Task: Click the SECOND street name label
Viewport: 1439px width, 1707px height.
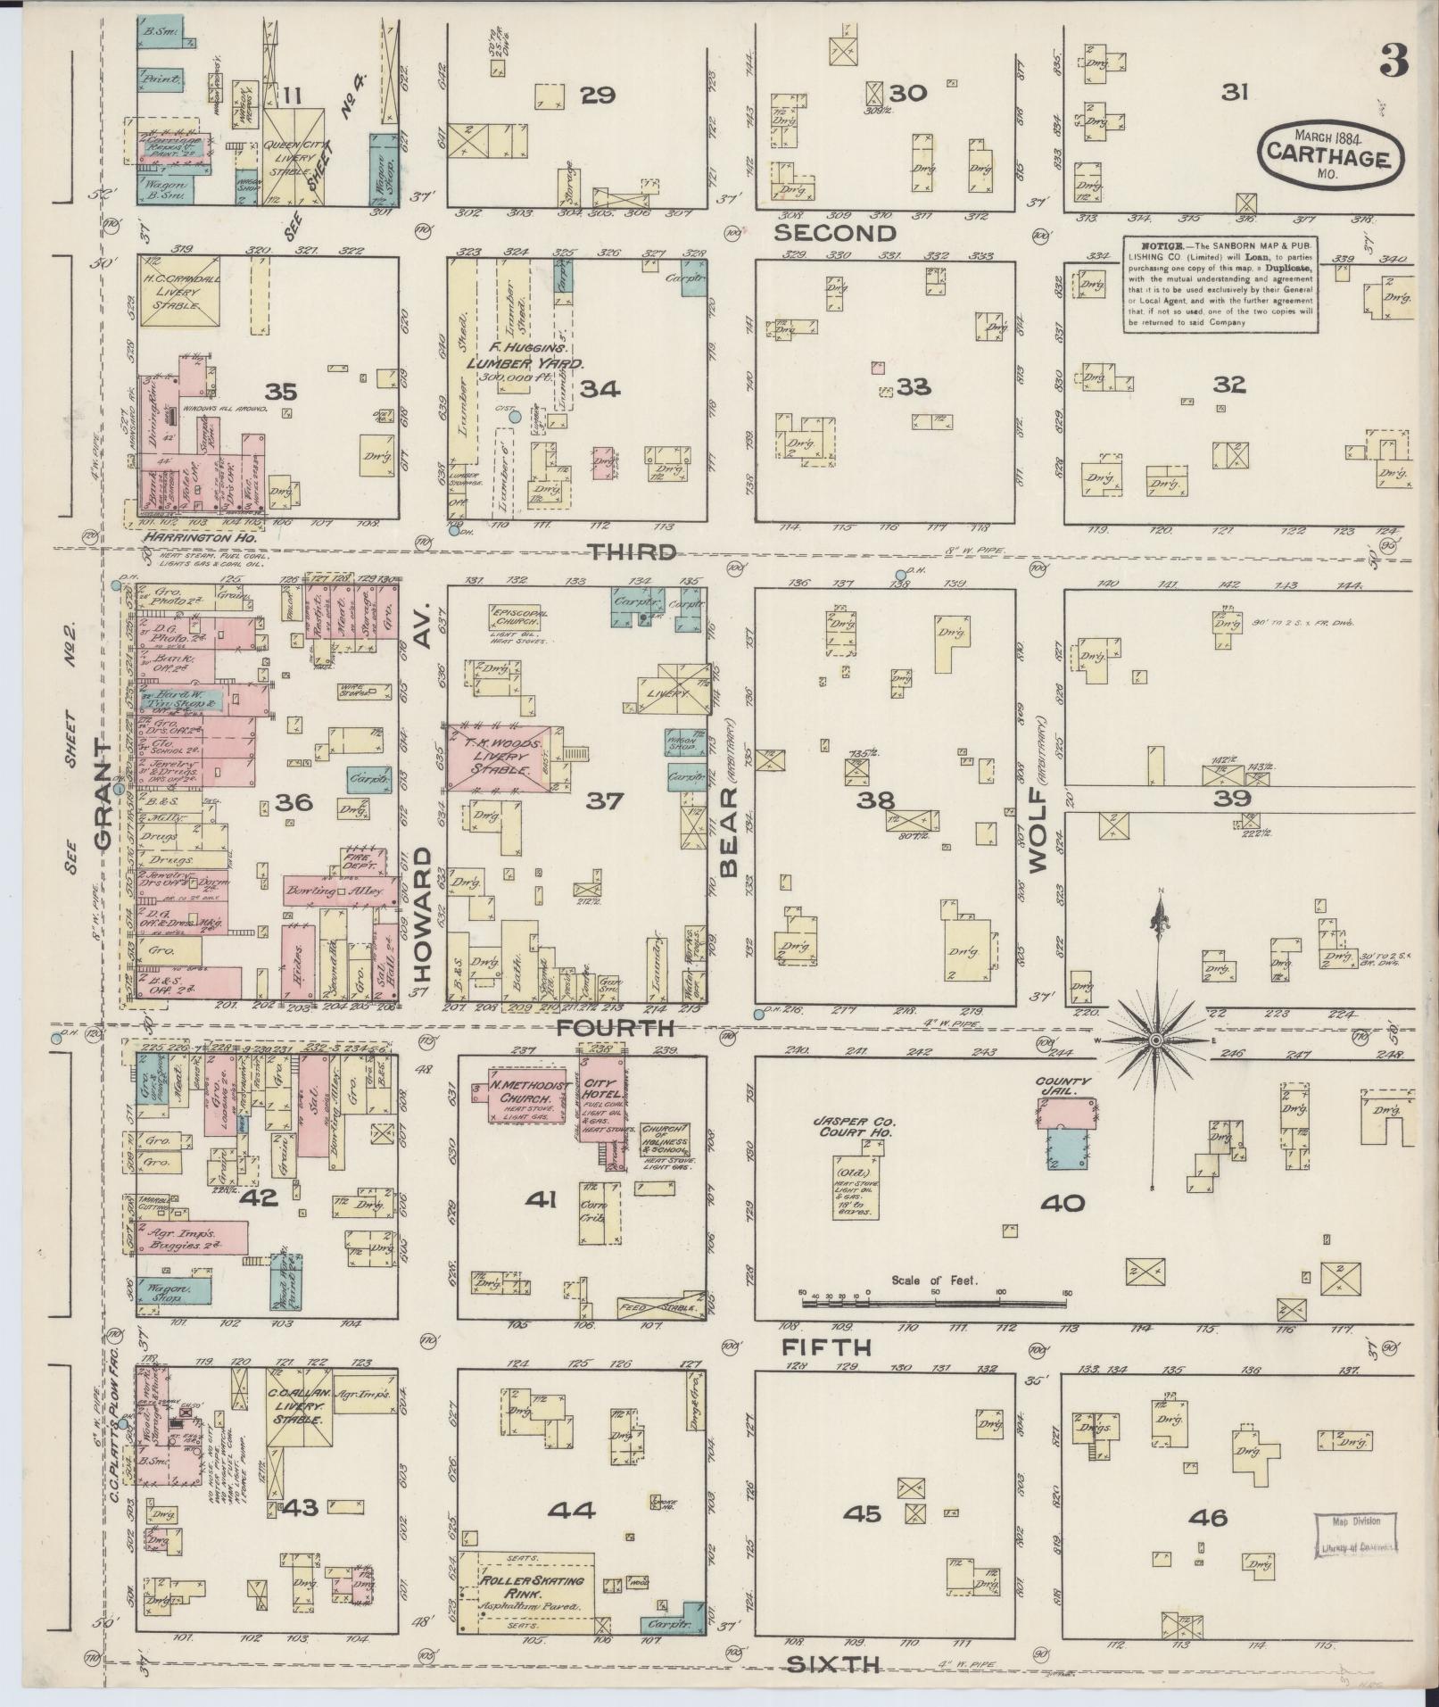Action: tap(834, 234)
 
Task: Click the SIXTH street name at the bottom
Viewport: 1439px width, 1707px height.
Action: tap(835, 1662)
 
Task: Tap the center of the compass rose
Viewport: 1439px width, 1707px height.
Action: tap(1156, 1040)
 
